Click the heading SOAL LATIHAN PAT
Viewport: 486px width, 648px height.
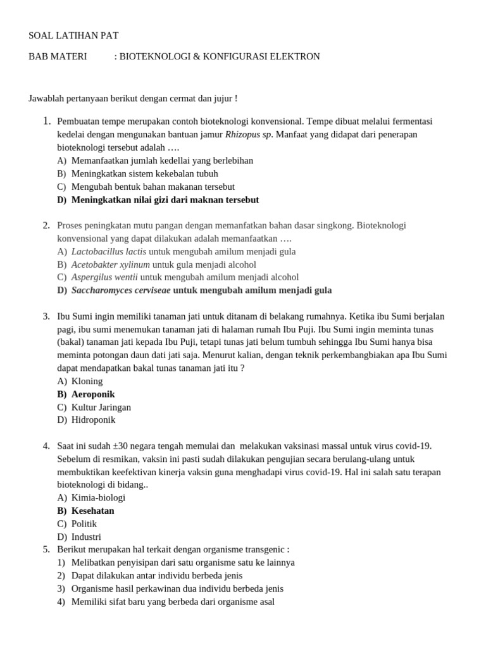[73, 35]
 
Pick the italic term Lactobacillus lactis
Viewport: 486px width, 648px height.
[109, 251]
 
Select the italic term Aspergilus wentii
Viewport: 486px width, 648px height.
[104, 277]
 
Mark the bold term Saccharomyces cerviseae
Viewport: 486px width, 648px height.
[121, 290]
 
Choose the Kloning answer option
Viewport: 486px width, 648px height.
[87, 381]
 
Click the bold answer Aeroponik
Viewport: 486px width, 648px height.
[93, 394]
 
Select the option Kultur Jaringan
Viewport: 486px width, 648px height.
[101, 408]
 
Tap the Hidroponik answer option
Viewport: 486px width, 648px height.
[94, 420]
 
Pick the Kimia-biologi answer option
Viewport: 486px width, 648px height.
[98, 497]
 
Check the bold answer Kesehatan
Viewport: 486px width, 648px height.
[93, 511]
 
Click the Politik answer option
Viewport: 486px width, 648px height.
[84, 524]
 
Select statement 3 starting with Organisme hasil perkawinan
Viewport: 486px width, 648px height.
[177, 589]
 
